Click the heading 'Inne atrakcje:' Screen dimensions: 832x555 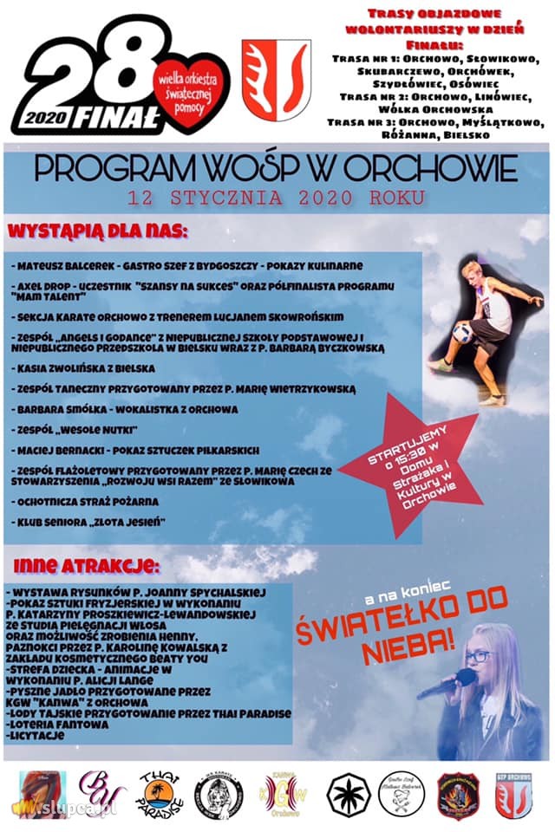tap(84, 566)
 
